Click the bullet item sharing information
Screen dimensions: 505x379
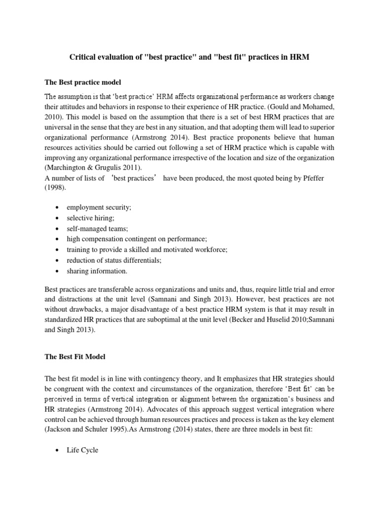point(97,271)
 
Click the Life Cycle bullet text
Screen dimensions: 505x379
point(83,450)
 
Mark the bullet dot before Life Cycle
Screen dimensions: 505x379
point(59,450)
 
